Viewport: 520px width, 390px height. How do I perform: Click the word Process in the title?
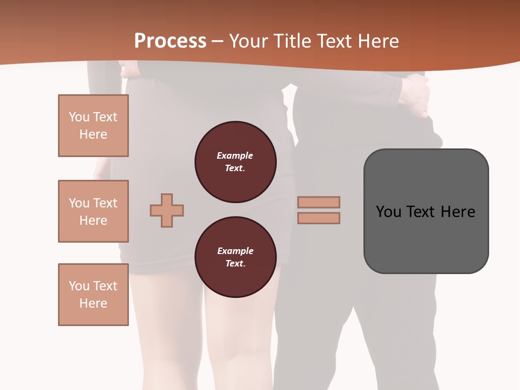coord(170,41)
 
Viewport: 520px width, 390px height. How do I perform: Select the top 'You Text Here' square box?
coord(93,126)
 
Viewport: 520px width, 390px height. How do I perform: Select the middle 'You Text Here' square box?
coord(93,211)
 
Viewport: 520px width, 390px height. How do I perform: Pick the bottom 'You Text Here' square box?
coord(93,295)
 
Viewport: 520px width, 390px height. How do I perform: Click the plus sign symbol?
coord(167,210)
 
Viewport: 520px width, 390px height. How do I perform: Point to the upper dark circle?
coord(236,162)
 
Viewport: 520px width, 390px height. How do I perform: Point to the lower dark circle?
coord(236,257)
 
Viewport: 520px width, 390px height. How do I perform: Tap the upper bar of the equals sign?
coord(319,202)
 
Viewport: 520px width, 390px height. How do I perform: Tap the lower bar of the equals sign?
coord(319,218)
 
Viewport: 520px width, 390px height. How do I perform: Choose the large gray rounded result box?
coord(426,211)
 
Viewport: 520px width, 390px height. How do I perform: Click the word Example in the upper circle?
coord(235,155)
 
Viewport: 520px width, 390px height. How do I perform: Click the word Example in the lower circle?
coord(235,251)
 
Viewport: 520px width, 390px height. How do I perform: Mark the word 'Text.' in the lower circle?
coord(235,264)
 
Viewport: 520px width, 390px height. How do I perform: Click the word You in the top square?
coord(79,117)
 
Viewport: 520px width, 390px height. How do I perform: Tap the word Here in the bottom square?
coord(93,303)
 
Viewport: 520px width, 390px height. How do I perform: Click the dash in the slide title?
coord(218,41)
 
